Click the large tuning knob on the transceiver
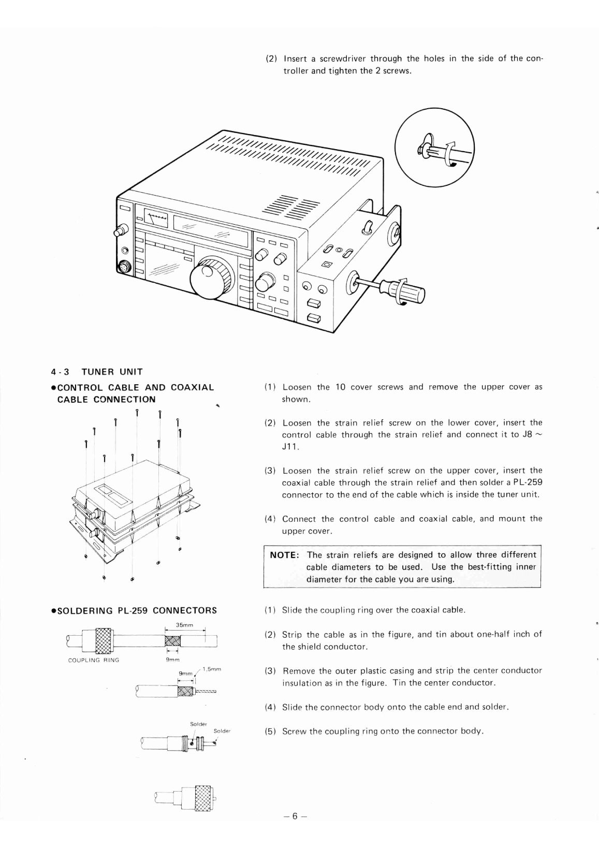(210, 277)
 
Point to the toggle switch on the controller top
(369, 227)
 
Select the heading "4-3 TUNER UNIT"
(97, 372)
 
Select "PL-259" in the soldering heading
(133, 610)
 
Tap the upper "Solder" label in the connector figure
(198, 724)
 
